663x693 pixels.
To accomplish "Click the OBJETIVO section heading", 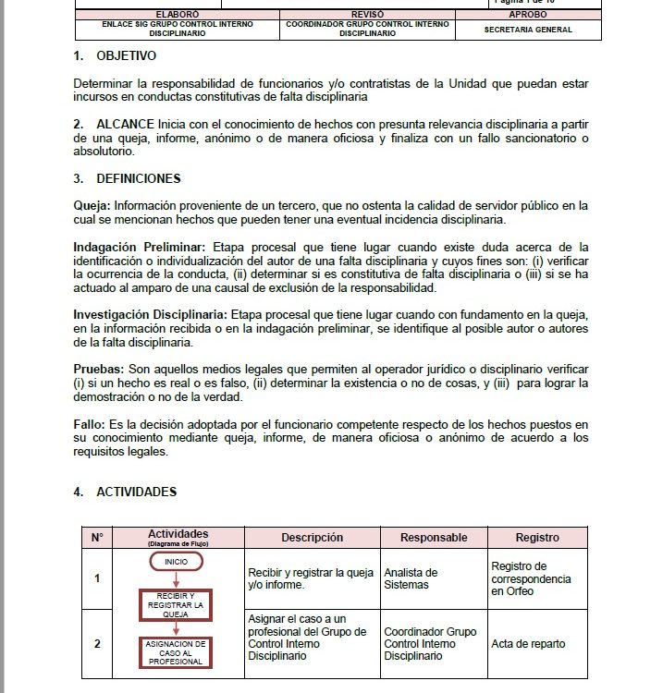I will point(126,56).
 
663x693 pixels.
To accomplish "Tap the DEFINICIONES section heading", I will point(138,178).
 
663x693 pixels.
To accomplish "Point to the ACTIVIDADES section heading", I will point(136,492).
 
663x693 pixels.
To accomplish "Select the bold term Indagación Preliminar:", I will point(141,248).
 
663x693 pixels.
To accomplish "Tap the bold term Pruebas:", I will point(98,369).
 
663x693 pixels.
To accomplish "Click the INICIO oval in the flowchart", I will point(176,562).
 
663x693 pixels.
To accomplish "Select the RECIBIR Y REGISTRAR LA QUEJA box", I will point(176,604).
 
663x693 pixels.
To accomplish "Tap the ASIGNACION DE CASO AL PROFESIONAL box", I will point(176,652).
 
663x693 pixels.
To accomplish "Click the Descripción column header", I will point(313,538).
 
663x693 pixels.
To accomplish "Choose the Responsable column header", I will point(434,538).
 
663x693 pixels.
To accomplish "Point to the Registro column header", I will point(537,538).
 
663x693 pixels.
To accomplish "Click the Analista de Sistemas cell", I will point(411,578).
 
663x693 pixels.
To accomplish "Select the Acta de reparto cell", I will point(528,644).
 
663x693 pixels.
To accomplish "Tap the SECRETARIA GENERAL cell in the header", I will point(528,30).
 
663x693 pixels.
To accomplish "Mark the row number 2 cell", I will point(97,644).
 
